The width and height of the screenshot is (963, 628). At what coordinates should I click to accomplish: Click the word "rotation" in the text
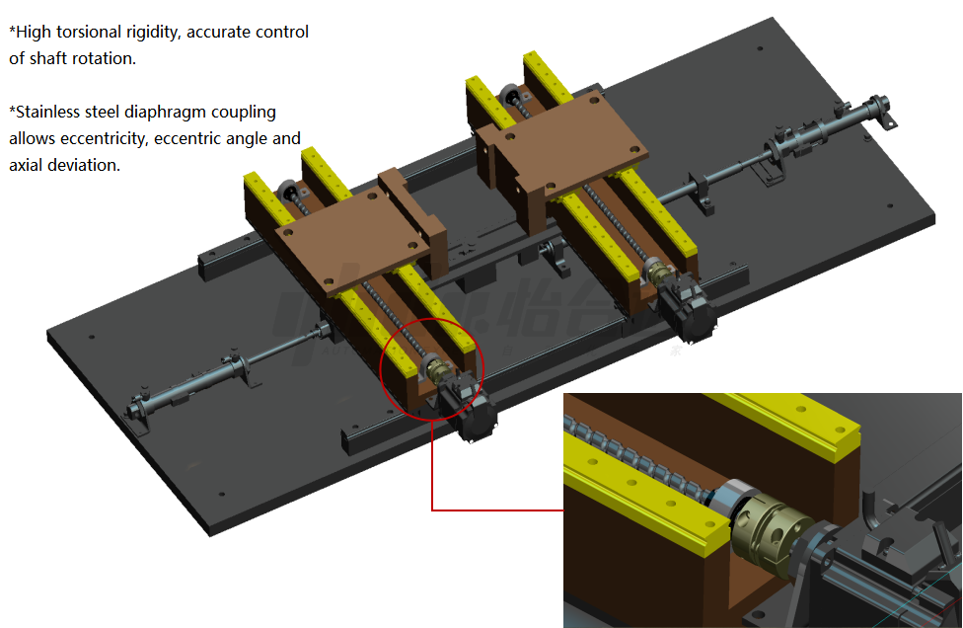coord(105,59)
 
